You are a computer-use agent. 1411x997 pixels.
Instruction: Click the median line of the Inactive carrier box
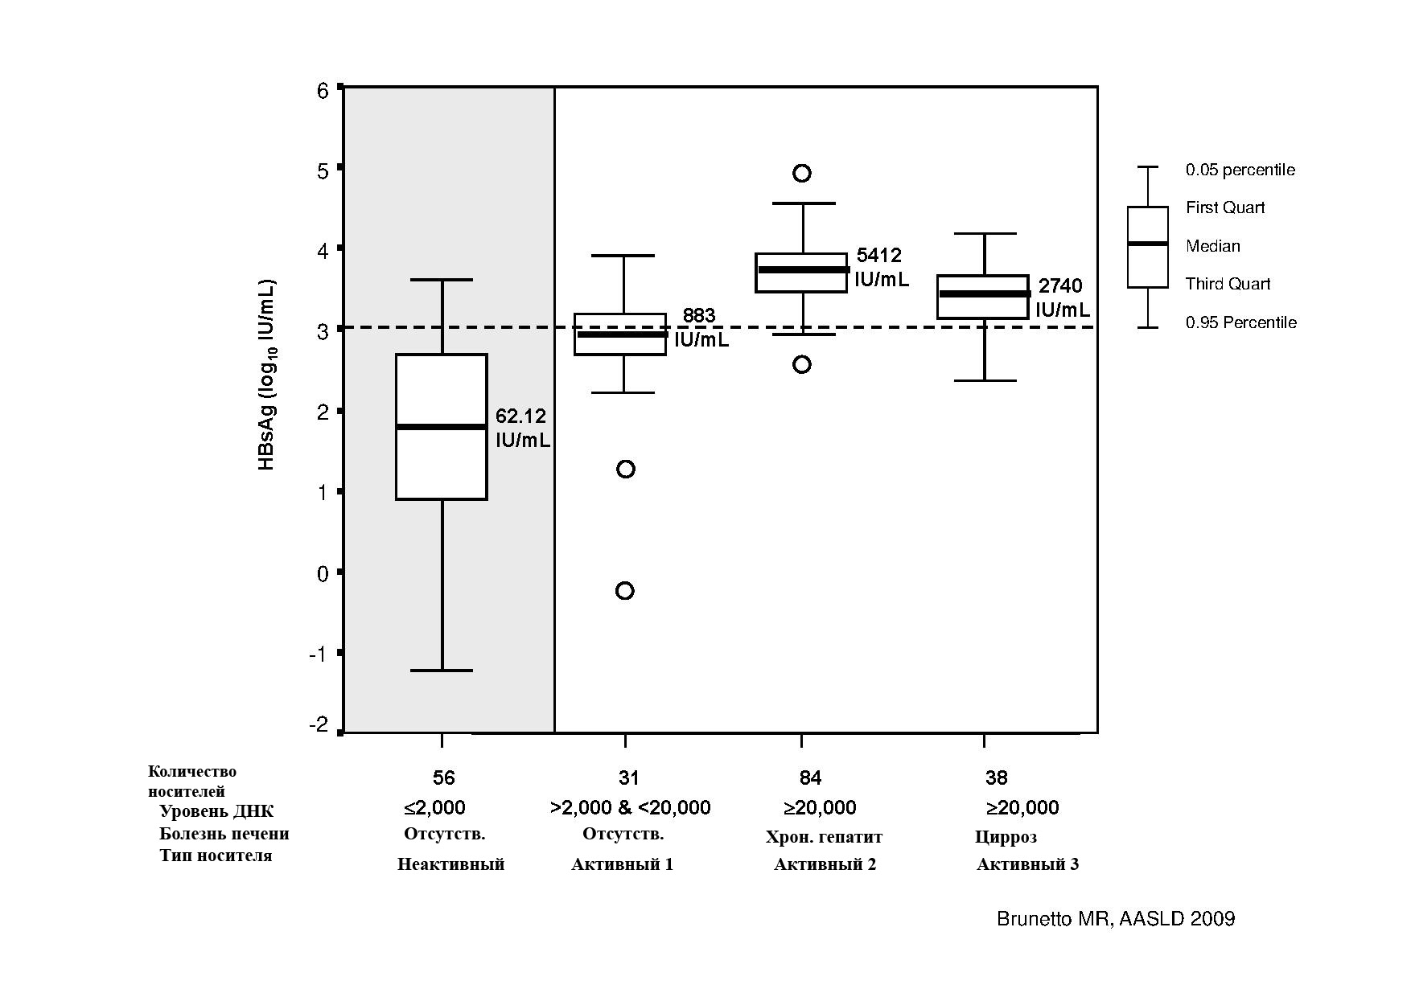tap(442, 427)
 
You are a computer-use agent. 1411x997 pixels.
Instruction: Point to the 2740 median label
tap(1061, 286)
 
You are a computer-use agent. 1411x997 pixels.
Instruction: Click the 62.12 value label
tap(520, 416)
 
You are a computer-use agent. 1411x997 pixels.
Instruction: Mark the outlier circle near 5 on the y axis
tap(802, 173)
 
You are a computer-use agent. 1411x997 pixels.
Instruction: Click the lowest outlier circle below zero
tap(625, 591)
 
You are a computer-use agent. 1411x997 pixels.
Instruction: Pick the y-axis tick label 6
tap(323, 90)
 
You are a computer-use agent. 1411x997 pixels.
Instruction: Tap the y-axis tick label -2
tap(319, 725)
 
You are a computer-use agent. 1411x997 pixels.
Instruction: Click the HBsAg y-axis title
tap(267, 375)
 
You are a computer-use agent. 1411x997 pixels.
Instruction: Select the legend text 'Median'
tap(1213, 246)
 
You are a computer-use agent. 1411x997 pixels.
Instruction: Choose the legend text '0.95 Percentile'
tap(1241, 322)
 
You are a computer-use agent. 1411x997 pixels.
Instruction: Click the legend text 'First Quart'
tap(1225, 207)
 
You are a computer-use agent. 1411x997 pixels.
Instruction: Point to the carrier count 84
tap(810, 777)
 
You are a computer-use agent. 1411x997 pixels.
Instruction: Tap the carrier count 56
tap(443, 777)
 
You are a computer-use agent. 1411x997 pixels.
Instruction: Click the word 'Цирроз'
tap(1006, 837)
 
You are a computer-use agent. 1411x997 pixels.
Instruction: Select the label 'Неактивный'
tap(450, 864)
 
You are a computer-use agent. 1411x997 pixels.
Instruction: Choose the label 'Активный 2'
tap(825, 864)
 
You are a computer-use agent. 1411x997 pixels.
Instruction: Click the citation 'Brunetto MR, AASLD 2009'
tap(1116, 919)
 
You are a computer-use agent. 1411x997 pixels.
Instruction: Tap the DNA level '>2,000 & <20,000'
tap(630, 807)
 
